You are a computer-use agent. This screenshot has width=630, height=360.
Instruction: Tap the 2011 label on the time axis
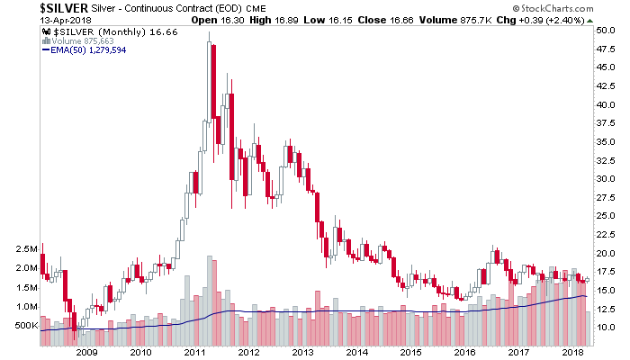[x=192, y=352]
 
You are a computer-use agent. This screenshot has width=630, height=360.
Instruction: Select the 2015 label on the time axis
[x=409, y=352]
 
